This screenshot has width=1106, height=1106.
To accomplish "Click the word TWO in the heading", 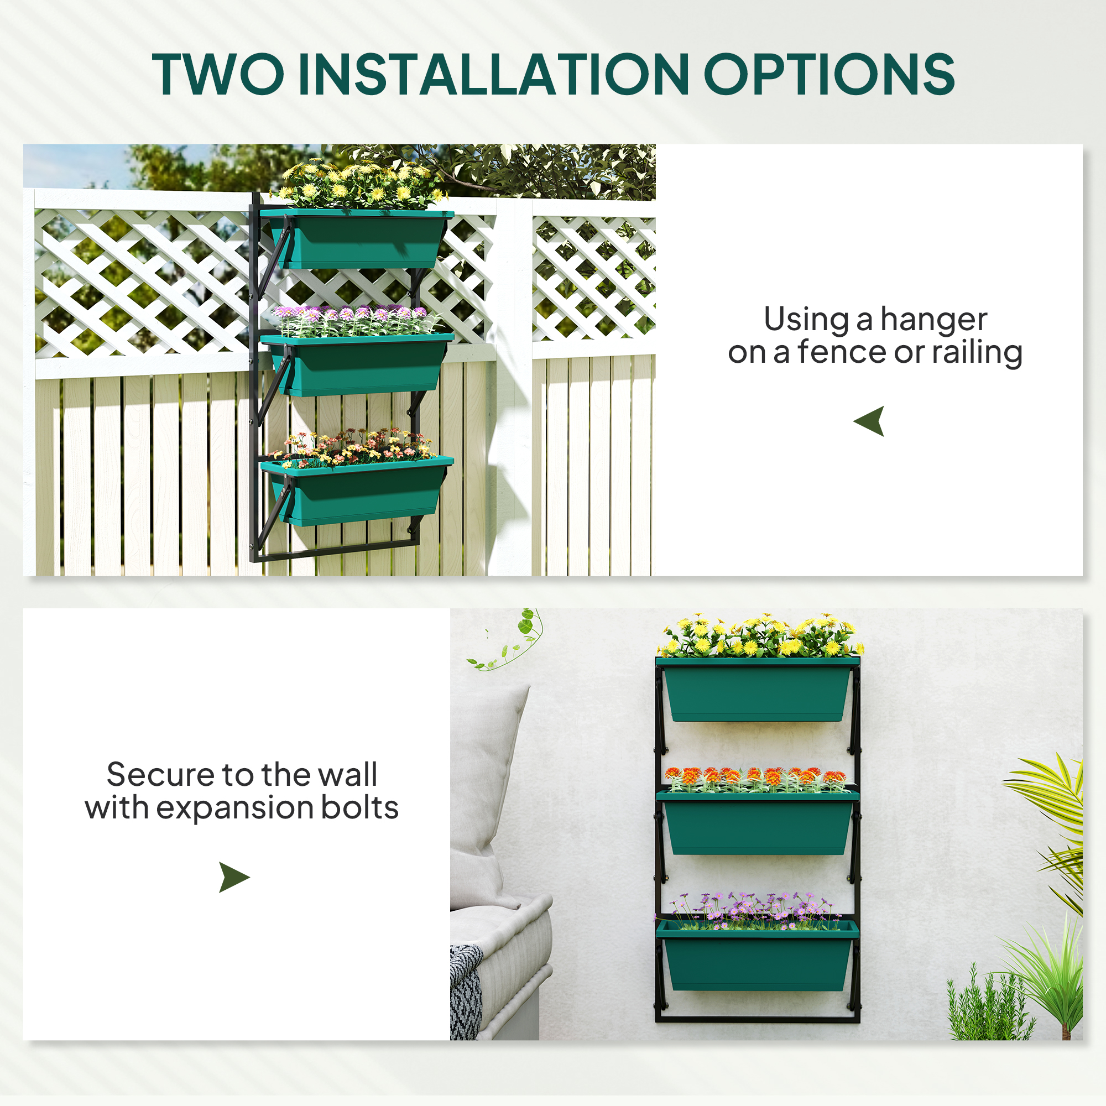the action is [x=218, y=74].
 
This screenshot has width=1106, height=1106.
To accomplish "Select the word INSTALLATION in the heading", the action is [x=493, y=74].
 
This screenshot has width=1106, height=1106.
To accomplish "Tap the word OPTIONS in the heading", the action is [x=830, y=74].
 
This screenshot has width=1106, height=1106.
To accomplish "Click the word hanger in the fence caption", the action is [x=933, y=320].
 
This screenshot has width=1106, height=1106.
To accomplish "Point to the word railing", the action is [x=977, y=352].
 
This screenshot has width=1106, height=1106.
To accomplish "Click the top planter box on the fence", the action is [x=357, y=239].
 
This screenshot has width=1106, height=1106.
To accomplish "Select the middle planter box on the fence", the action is [x=357, y=364].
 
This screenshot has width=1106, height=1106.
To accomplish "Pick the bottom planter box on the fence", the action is [x=357, y=491].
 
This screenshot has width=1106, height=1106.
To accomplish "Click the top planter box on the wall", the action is [x=758, y=689].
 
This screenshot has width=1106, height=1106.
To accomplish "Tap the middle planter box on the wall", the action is [x=758, y=823].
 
